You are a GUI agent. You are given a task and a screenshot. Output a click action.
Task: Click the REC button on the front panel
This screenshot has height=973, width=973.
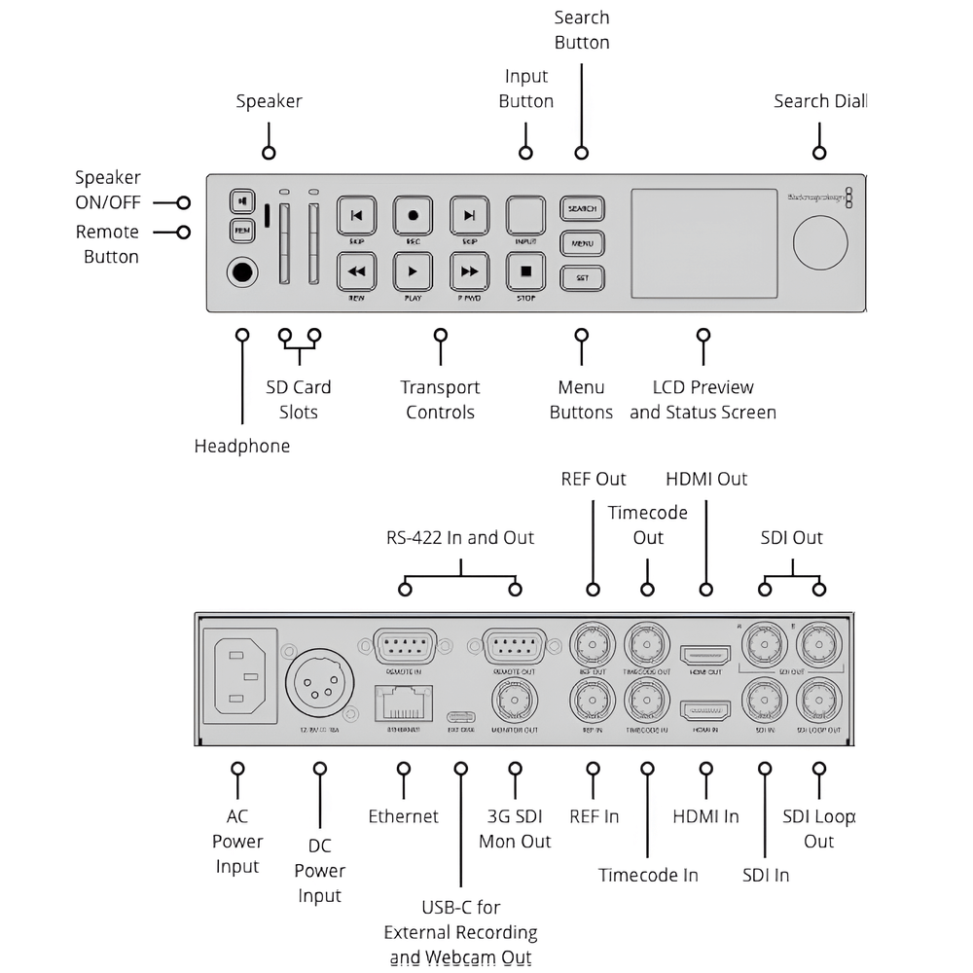pyautogui.click(x=413, y=215)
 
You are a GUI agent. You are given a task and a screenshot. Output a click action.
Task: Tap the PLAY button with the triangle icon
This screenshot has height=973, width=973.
pyautogui.click(x=413, y=271)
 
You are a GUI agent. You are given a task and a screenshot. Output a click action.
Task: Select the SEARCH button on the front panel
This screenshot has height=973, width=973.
pyautogui.click(x=582, y=209)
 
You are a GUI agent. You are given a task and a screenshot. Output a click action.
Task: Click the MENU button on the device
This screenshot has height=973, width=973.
pyautogui.click(x=582, y=243)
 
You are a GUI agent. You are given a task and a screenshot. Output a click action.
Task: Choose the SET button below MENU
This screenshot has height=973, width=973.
pyautogui.click(x=582, y=277)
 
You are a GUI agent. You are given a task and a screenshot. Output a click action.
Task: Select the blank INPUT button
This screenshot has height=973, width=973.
pyautogui.click(x=525, y=215)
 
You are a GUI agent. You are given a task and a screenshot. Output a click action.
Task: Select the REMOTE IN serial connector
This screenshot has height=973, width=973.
pyautogui.click(x=405, y=646)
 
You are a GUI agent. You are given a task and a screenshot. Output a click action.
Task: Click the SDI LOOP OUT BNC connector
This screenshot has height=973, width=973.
pyautogui.click(x=818, y=699)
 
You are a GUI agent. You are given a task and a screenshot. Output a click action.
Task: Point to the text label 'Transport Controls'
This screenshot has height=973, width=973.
pyautogui.click(x=440, y=400)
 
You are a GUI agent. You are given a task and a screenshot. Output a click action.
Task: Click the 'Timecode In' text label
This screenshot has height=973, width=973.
pyautogui.click(x=648, y=875)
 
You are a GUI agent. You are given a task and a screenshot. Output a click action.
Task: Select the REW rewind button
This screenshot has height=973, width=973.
pyautogui.click(x=356, y=271)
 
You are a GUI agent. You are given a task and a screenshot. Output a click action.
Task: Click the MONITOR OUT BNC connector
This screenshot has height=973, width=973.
pyautogui.click(x=515, y=699)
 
